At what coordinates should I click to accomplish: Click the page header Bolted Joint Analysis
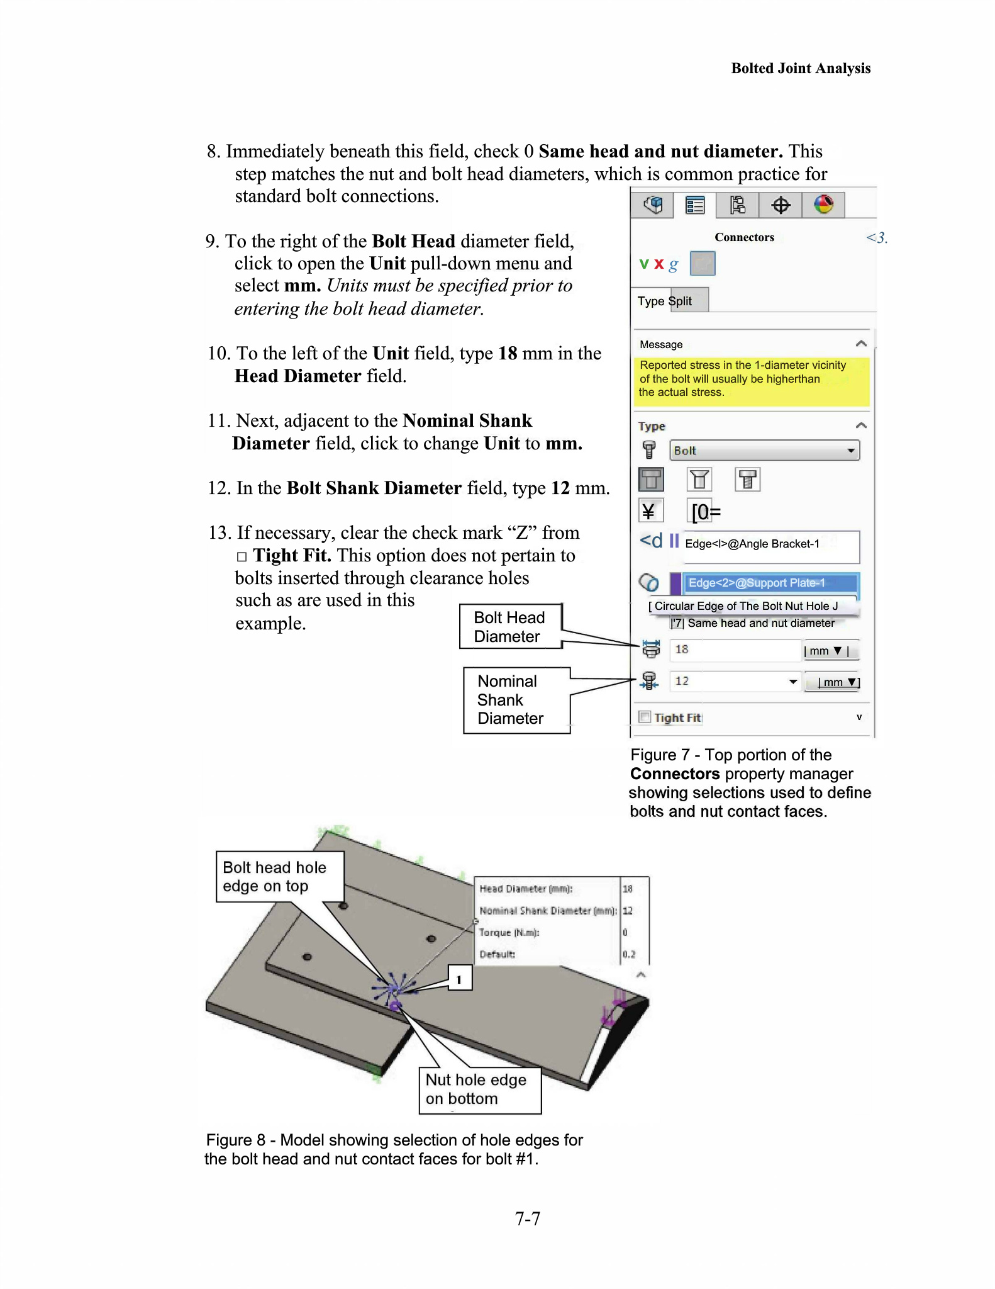click(800, 68)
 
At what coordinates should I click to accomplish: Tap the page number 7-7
click(527, 1219)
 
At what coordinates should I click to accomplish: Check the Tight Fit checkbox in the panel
click(645, 717)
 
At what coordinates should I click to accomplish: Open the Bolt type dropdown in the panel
click(764, 450)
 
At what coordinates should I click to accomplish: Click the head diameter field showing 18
click(735, 650)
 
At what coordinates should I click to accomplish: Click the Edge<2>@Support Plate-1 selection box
click(771, 583)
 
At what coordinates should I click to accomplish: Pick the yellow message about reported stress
click(751, 379)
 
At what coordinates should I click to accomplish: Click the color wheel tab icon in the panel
click(823, 205)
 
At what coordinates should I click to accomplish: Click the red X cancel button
click(659, 264)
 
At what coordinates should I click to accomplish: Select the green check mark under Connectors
click(643, 264)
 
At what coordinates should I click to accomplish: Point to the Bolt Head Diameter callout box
click(510, 626)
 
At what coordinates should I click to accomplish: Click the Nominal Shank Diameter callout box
click(516, 700)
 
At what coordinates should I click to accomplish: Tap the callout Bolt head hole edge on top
click(279, 877)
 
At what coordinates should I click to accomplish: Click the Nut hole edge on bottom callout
click(479, 1089)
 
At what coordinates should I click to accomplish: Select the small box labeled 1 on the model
click(460, 979)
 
